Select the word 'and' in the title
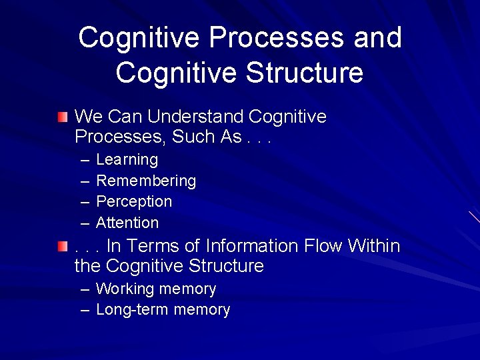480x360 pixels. (x=378, y=38)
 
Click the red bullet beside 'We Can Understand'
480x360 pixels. (x=62, y=118)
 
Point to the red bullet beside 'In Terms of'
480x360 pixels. (x=62, y=247)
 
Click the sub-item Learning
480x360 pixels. (x=127, y=160)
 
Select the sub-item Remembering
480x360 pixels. (x=146, y=181)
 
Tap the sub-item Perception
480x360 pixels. (x=134, y=201)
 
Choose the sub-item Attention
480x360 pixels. (x=127, y=223)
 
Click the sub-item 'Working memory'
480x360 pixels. (x=156, y=289)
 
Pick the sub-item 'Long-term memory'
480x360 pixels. (x=163, y=309)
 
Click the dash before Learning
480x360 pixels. (x=85, y=161)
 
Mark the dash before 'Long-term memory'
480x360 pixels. (x=85, y=310)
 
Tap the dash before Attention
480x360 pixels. (x=85, y=223)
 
